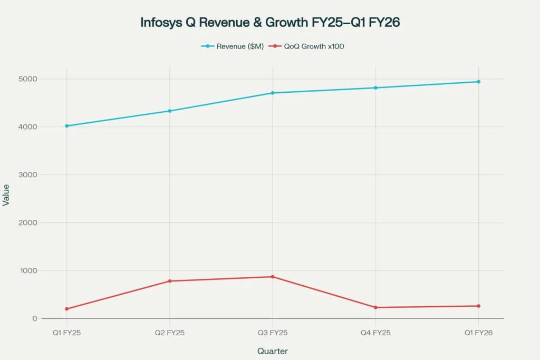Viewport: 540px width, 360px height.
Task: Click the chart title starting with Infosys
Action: coord(269,23)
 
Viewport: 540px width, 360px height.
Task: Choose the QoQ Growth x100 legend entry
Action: coord(307,46)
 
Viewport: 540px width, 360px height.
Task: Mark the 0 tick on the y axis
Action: coord(34,319)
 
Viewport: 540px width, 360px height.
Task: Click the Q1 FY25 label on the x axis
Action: coord(66,333)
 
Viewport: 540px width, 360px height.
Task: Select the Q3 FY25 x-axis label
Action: coord(273,333)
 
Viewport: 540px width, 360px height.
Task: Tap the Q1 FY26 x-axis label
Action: coord(478,333)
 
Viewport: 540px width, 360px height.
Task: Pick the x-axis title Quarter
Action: coord(272,351)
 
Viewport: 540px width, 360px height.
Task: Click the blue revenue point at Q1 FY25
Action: coord(66,126)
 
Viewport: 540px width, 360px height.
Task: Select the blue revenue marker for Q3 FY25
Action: coord(273,93)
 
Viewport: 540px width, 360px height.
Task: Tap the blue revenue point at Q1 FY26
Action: coord(478,82)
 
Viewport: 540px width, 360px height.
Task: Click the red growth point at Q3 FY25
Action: coord(273,277)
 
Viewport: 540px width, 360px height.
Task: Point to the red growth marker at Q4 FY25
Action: coord(375,307)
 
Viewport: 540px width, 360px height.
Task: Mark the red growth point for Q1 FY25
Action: coord(66,309)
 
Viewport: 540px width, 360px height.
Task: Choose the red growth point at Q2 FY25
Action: coord(169,281)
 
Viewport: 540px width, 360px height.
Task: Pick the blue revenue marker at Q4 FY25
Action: coord(375,88)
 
